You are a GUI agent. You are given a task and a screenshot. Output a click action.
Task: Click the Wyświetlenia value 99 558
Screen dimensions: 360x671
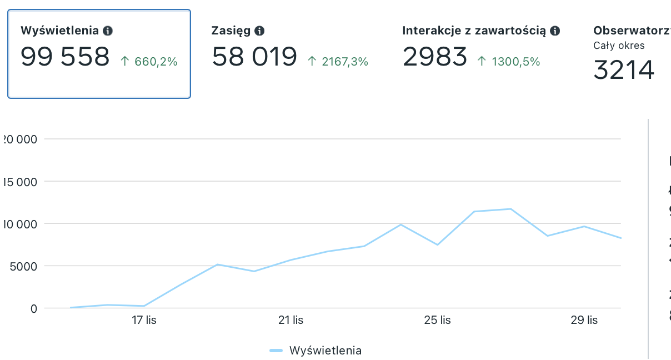coord(65,57)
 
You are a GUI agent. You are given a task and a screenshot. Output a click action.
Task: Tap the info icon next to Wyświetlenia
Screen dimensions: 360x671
coord(108,31)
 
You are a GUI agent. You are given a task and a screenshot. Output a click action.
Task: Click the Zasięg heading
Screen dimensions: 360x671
coord(231,31)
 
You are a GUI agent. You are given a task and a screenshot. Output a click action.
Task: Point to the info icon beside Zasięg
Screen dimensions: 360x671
coord(259,31)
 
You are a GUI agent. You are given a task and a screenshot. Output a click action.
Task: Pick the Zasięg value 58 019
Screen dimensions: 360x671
coord(254,57)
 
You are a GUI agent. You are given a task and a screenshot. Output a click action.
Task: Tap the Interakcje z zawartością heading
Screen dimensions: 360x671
coord(474,31)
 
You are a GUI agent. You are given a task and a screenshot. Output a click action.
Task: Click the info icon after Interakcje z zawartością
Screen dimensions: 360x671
coord(555,31)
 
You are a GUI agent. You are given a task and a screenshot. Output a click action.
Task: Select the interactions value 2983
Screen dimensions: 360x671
coord(435,57)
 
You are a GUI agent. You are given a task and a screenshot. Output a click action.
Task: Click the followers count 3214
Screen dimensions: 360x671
coord(624,70)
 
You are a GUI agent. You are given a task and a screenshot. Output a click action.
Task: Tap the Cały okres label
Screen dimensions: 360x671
coord(619,46)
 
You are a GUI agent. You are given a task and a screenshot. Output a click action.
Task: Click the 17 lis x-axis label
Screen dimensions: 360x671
coord(144,321)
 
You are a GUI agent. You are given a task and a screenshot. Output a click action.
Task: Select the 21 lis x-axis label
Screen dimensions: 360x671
coord(291,321)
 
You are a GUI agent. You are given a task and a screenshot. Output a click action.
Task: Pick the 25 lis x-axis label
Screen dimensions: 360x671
coord(438,321)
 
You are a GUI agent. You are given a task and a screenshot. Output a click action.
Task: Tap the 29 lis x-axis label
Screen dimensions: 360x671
coord(584,321)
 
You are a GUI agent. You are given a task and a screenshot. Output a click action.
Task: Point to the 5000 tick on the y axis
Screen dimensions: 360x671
coord(22,266)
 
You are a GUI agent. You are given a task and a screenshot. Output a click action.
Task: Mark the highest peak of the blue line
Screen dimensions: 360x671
coord(510,209)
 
